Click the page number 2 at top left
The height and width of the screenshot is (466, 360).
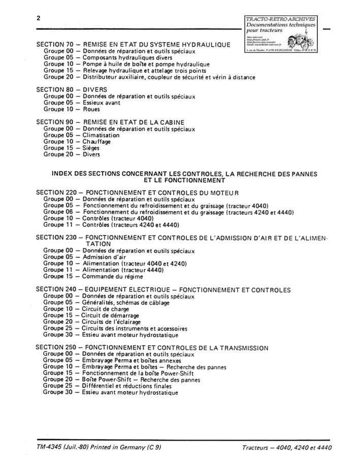click(39, 18)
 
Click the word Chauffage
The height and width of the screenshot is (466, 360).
click(96, 142)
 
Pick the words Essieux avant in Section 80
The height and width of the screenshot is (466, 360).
click(102, 103)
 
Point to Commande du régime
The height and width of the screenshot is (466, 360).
click(112, 277)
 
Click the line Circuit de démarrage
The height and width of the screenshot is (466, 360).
click(110, 316)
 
